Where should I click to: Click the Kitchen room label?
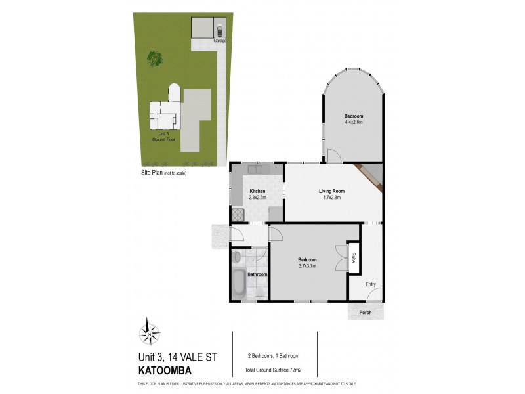[x=257, y=191]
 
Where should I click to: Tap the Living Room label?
[x=332, y=191]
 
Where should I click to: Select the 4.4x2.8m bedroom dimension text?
[x=354, y=121]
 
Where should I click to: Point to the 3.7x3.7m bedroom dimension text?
[x=307, y=265]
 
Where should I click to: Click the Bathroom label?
[x=257, y=274]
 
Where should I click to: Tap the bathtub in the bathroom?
[x=238, y=284]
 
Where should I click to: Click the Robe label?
[x=353, y=258]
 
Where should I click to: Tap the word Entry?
[x=371, y=284]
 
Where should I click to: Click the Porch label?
[x=366, y=313]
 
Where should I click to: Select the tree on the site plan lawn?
[x=156, y=60]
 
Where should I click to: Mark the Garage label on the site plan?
[x=220, y=41]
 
